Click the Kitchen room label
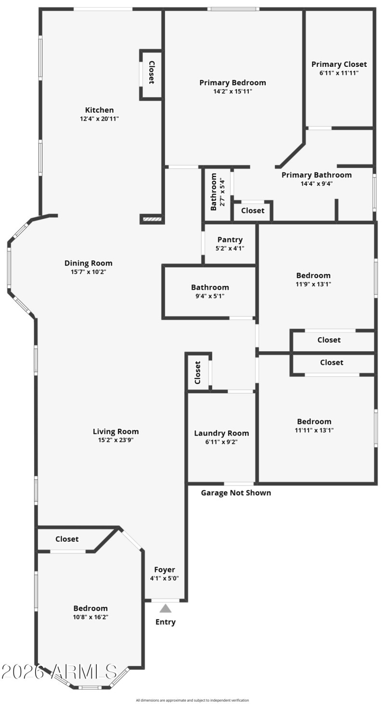click(99, 110)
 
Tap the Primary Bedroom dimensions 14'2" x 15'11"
click(232, 91)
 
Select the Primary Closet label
click(339, 64)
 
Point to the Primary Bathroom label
click(316, 175)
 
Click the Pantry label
click(230, 240)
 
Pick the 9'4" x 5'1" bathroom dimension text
click(210, 296)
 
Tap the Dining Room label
click(88, 263)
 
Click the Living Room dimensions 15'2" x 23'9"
click(115, 440)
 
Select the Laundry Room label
click(221, 433)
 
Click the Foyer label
click(165, 570)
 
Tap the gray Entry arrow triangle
click(166, 608)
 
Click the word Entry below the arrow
click(165, 622)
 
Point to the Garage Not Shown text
click(236, 493)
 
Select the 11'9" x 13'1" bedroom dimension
click(313, 284)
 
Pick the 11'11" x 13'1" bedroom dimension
click(314, 430)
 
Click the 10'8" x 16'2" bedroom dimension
click(90, 617)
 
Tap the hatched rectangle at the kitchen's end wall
click(151, 219)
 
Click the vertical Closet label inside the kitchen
click(152, 73)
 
